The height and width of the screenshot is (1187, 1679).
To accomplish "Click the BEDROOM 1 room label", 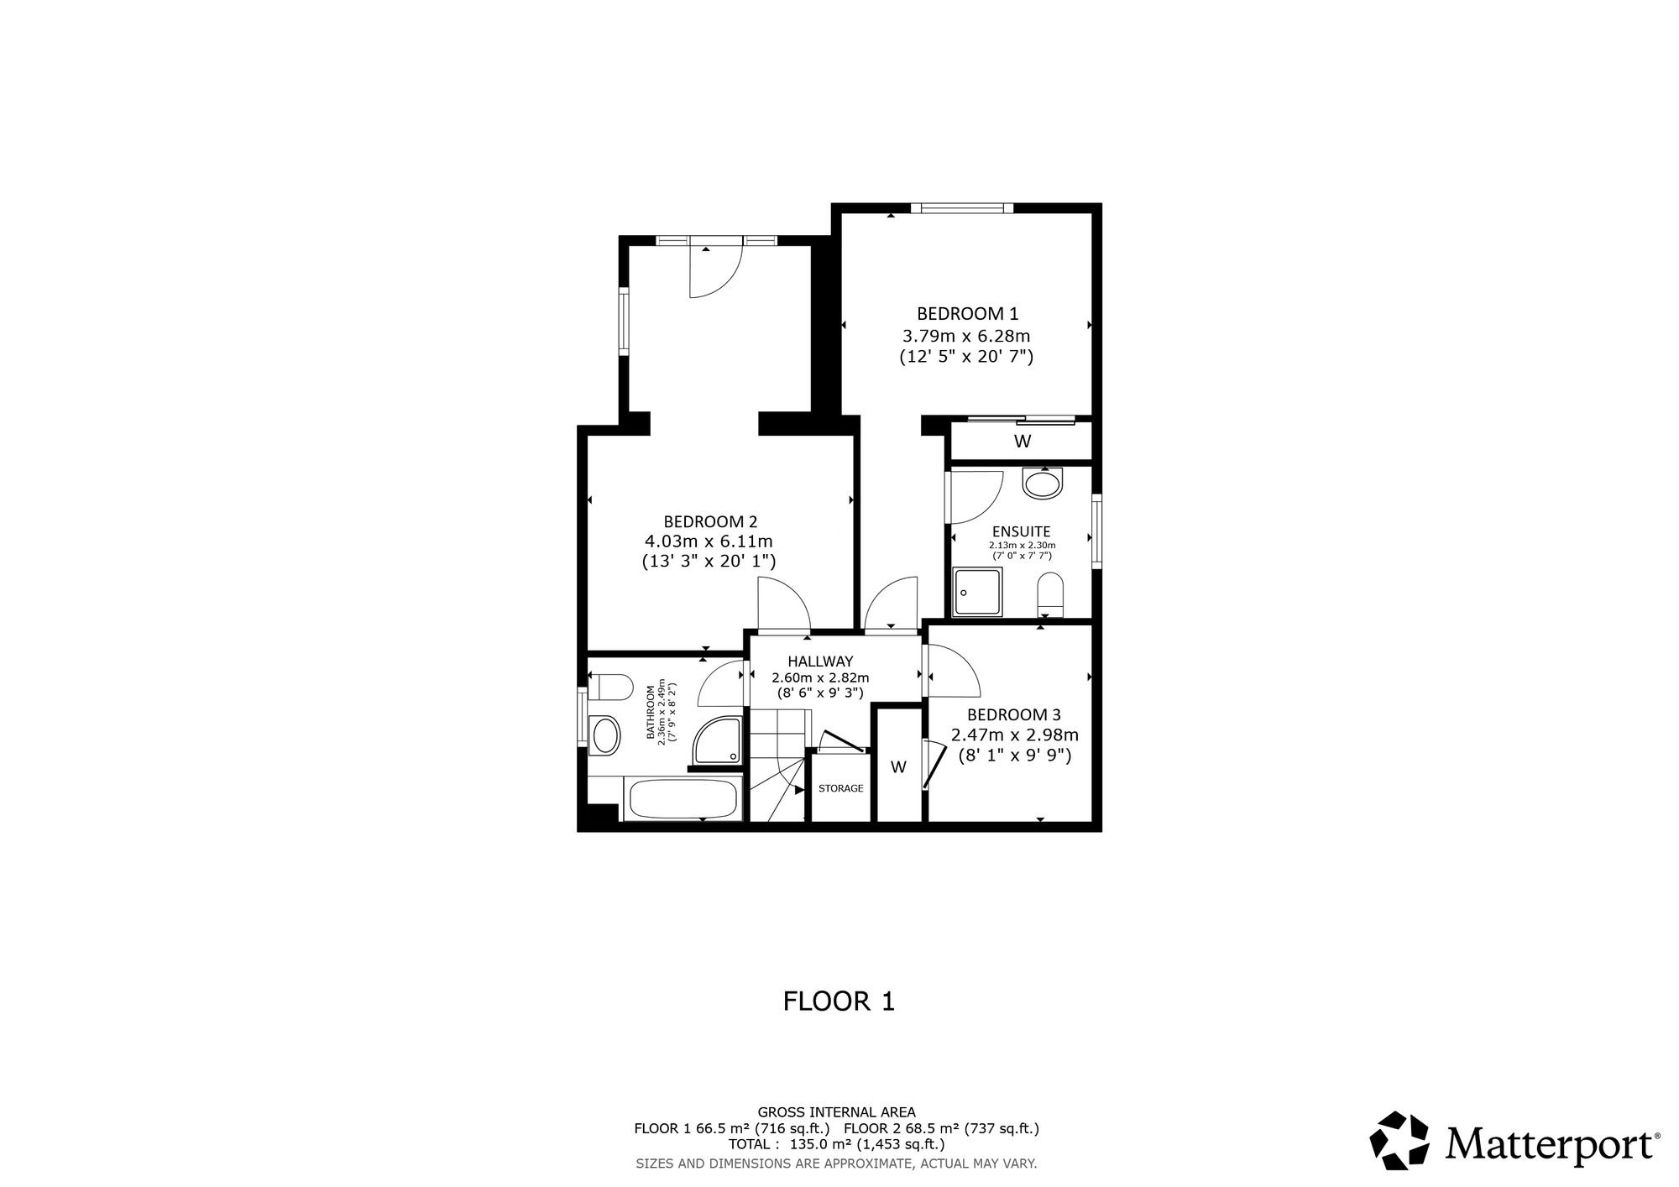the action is [967, 314].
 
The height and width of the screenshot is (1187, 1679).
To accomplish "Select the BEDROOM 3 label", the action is [1014, 715].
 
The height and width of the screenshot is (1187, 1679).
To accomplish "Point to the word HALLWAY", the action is [820, 661].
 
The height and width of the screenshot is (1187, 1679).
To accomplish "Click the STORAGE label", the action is [841, 788].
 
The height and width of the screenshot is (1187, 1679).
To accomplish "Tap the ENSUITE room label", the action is [1021, 531].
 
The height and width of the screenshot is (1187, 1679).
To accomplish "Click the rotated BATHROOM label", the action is [651, 713].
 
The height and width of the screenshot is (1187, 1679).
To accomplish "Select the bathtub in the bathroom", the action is [683, 799].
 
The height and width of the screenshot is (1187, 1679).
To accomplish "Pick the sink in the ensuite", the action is [1043, 484].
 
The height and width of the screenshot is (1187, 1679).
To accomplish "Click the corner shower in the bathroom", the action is [717, 742].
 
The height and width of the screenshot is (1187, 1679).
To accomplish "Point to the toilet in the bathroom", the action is [610, 687].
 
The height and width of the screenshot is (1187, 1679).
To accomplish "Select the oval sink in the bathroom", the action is [604, 736].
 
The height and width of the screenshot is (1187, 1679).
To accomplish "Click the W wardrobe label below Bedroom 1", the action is [1023, 442].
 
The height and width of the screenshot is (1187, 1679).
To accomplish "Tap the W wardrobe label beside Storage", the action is [898, 766].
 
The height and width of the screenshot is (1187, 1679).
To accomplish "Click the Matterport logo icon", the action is [1399, 1140].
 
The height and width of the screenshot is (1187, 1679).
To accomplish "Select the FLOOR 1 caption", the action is [839, 1001].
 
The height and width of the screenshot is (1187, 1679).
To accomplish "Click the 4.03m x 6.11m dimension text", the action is [708, 541].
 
